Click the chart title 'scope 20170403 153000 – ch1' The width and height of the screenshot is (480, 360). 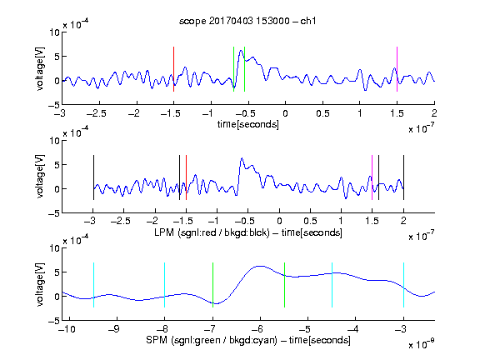point(247,21)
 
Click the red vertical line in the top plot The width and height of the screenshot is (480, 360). point(173,69)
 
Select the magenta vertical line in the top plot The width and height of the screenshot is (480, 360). point(397,69)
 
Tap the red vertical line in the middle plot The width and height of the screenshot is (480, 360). point(186,177)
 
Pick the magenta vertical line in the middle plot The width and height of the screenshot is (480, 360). point(372,177)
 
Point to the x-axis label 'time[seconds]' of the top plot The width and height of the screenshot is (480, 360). point(248,124)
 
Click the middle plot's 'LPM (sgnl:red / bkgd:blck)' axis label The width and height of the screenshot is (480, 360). point(212,232)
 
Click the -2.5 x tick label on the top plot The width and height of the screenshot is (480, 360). point(97,113)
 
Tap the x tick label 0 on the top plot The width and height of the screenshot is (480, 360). point(285,113)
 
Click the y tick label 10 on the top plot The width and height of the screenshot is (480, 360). point(55,32)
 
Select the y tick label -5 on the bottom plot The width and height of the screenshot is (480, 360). point(53,321)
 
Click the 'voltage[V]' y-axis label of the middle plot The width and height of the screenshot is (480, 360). point(40,177)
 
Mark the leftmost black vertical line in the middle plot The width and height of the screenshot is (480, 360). point(93,177)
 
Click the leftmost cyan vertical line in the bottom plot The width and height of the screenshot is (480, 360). point(93,285)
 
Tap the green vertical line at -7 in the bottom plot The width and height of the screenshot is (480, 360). point(212,285)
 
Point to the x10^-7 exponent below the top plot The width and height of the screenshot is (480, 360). point(422,128)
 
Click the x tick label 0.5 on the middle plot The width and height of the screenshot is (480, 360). point(310,221)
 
